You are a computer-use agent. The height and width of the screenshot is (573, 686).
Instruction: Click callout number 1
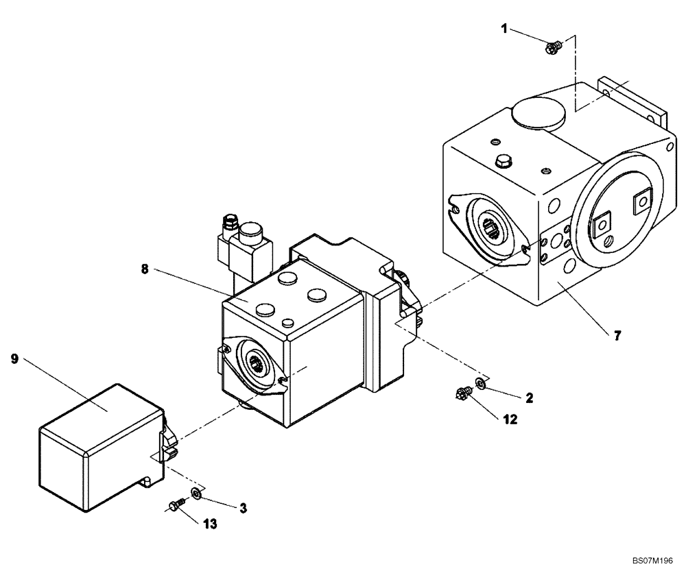coord(504,29)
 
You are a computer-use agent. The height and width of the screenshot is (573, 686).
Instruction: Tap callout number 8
coord(145,270)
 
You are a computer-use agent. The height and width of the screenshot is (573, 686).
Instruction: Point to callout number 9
coord(14,358)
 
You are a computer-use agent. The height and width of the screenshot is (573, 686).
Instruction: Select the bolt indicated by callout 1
coord(554,47)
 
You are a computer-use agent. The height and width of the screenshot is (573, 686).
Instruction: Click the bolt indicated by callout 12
coord(462,393)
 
